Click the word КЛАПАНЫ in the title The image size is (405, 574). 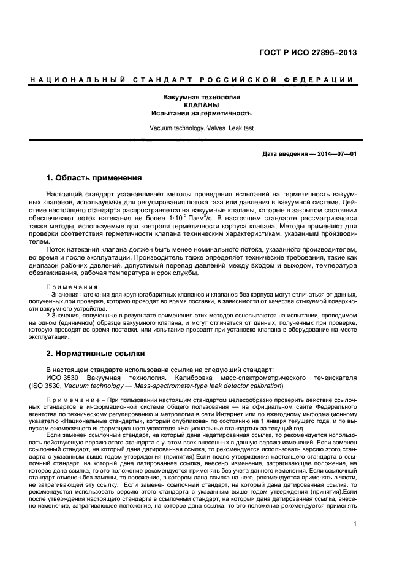click(202, 106)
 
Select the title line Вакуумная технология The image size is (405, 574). click(202, 98)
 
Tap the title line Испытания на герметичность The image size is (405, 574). click(202, 114)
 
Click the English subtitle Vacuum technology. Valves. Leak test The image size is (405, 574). click(202, 128)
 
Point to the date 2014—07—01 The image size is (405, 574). click(335, 153)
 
